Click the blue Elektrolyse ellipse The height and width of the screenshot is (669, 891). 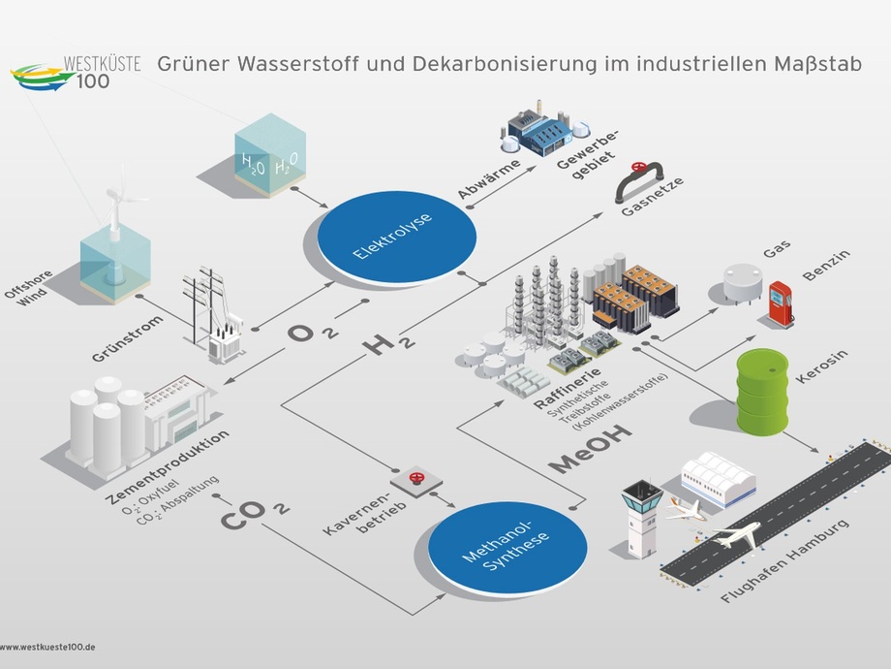click(x=396, y=237)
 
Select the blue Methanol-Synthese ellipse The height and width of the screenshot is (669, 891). click(x=507, y=547)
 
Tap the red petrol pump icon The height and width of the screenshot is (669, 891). click(x=781, y=303)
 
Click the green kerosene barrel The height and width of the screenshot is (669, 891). click(x=762, y=392)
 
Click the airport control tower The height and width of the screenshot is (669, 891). click(x=641, y=519)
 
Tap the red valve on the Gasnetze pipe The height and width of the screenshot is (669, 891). click(x=639, y=167)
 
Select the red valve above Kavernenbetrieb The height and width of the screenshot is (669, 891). click(x=417, y=478)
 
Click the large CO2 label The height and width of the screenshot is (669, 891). click(x=255, y=514)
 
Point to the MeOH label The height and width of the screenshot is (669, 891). click(x=590, y=449)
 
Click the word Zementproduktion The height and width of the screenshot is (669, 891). click(x=168, y=467)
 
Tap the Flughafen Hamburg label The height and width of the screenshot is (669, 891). click(x=784, y=559)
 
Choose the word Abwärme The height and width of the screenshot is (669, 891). click(x=489, y=178)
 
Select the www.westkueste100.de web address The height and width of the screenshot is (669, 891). click(x=47, y=647)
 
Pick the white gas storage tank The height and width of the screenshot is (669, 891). click(x=743, y=282)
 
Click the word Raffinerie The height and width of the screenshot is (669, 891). click(x=568, y=389)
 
